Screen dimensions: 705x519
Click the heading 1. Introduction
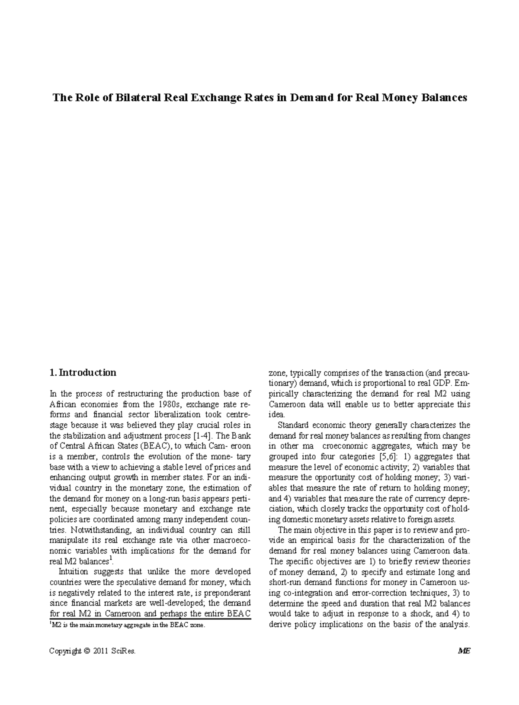tap(83, 373)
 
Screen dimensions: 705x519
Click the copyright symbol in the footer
tap(87, 651)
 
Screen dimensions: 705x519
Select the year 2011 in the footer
tap(101, 651)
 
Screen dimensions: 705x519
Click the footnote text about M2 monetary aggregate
tap(127, 625)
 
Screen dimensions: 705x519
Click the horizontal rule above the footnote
tap(150, 619)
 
